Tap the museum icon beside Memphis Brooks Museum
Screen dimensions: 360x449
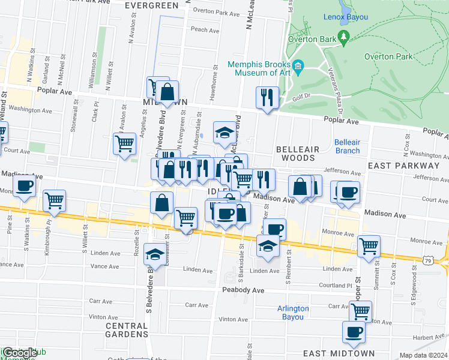pos(298,65)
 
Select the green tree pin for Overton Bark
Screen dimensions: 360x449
pos(343,37)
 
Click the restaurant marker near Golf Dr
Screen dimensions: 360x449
pos(267,97)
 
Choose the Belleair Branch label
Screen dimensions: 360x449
pos(347,146)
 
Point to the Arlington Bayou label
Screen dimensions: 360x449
pos(293,313)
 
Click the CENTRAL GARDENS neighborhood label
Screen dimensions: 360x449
pos(127,329)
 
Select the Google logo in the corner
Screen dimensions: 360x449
pos(20,353)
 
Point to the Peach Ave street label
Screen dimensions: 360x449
pos(203,29)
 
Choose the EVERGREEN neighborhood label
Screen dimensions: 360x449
pos(152,5)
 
